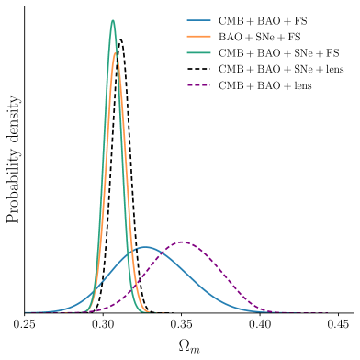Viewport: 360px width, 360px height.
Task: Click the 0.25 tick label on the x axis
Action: pyautogui.click(x=25, y=324)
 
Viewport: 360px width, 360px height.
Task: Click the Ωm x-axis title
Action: pyautogui.click(x=183, y=345)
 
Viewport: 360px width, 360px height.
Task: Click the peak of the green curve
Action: pyautogui.click(x=113, y=20)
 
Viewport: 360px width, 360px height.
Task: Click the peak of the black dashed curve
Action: pyautogui.click(x=120, y=39)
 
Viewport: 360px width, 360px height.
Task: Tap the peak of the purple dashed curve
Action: pyautogui.click(x=184, y=242)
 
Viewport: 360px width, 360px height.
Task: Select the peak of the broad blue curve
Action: pyautogui.click(x=145, y=247)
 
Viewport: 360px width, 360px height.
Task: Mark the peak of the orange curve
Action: pyautogui.click(x=116, y=52)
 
